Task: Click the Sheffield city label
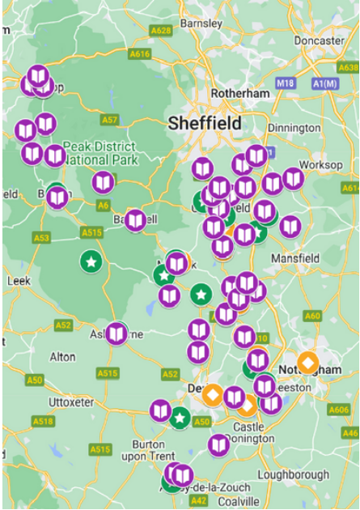tap(205, 124)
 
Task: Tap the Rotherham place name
tap(239, 93)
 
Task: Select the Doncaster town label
tap(320, 40)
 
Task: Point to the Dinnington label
tap(294, 128)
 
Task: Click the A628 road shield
tap(161, 31)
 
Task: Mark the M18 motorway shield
tap(285, 83)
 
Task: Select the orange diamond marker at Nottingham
tap(307, 362)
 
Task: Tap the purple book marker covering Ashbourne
tap(117, 333)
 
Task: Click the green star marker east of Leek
tap(92, 261)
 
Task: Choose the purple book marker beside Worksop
tap(293, 179)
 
